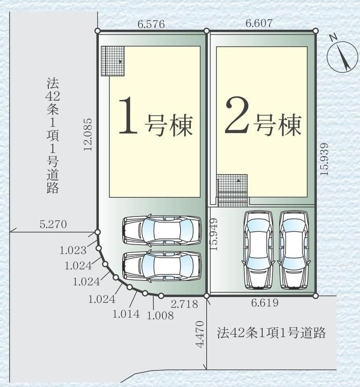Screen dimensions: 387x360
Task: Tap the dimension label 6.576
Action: click(151, 24)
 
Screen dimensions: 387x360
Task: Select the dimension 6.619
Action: click(265, 303)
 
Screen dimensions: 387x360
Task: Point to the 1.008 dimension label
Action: click(160, 315)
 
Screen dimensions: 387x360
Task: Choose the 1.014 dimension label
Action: click(126, 314)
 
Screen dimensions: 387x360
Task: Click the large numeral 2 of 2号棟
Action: click(237, 116)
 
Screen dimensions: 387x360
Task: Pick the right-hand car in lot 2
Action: click(294, 250)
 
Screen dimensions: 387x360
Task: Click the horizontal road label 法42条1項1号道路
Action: click(271, 333)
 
